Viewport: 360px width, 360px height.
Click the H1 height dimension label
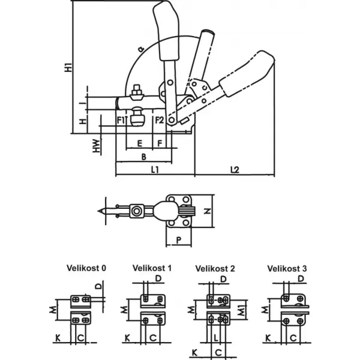point(68,67)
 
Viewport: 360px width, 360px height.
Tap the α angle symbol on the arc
point(141,49)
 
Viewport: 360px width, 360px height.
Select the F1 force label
point(121,120)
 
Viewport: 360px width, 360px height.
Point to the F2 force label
point(160,120)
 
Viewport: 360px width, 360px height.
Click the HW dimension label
point(97,146)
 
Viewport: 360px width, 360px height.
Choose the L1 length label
point(155,170)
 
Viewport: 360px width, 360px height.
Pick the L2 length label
point(235,170)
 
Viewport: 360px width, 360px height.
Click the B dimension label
point(144,157)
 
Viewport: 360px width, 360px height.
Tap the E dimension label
point(140,143)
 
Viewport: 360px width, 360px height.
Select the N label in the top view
point(208,211)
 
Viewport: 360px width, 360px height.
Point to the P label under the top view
point(179,240)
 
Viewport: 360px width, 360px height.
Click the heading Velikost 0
point(86,268)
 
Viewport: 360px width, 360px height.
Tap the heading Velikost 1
point(152,268)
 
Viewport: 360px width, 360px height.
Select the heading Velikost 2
point(215,268)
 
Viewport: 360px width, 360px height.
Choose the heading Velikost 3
point(287,268)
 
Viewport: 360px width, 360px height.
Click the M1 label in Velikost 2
point(241,310)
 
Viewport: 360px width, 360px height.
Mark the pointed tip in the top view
point(98,211)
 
